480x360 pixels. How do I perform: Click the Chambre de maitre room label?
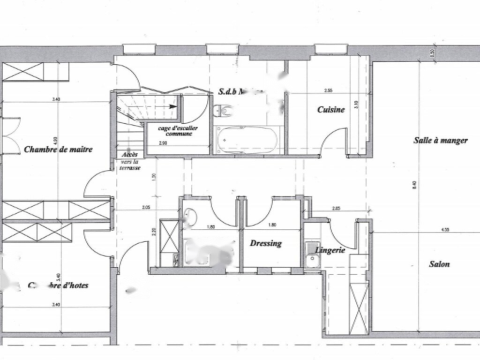pos(58,150)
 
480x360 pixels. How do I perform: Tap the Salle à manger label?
pos(440,140)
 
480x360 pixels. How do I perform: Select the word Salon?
pos(439,264)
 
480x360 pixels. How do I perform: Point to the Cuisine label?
pos(330,110)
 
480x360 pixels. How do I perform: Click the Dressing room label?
pos(266,243)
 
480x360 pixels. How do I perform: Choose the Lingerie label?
pos(330,250)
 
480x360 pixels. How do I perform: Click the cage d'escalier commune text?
pos(179,131)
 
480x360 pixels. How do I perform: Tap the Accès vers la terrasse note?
pos(129,161)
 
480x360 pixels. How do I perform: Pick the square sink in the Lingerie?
pos(312,260)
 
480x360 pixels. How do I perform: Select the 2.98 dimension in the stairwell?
pos(163,142)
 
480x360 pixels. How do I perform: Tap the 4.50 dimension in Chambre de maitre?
pos(55,141)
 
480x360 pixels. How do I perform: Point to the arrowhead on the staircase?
pos(173,106)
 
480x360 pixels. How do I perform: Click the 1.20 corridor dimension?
pos(155,177)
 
